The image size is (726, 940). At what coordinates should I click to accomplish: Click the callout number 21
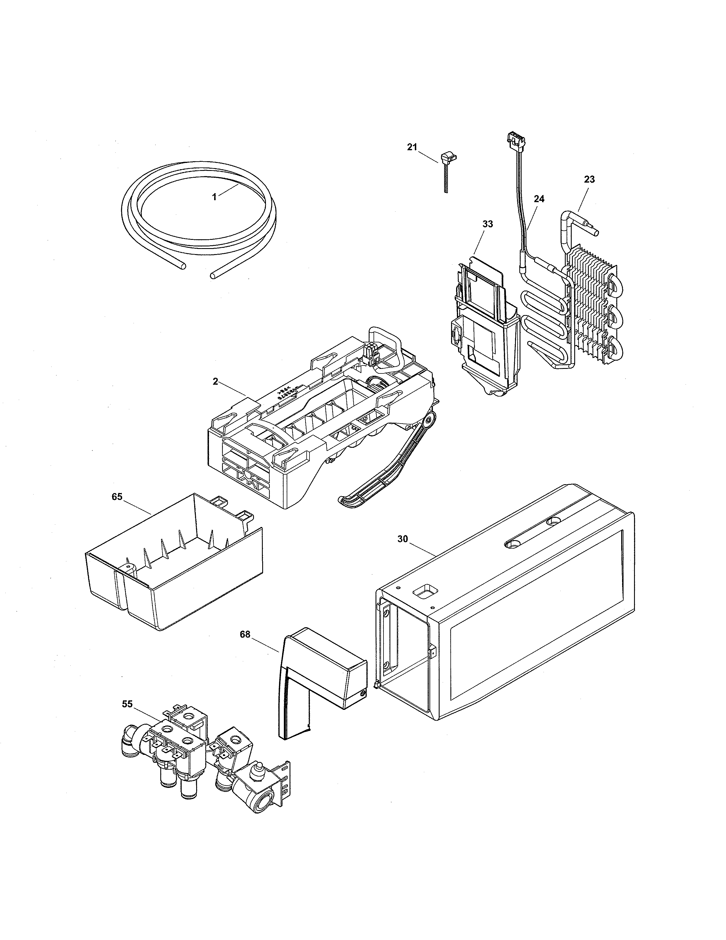coord(412,147)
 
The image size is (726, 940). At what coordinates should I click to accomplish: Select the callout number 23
coord(589,179)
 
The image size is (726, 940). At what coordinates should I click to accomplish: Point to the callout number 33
coord(488,224)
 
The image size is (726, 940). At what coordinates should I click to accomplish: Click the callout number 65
coord(117,497)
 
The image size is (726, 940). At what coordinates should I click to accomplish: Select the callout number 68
coord(245,635)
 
